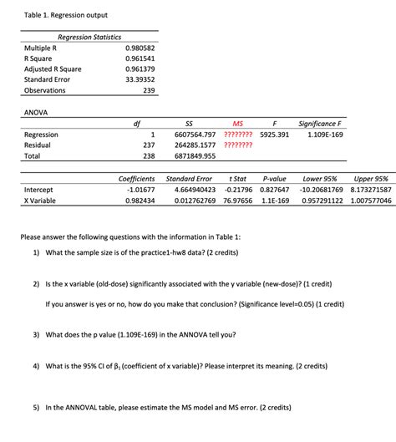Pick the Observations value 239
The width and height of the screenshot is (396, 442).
[148, 89]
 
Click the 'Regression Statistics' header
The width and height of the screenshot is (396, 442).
[89, 38]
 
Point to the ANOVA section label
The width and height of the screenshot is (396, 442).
[35, 111]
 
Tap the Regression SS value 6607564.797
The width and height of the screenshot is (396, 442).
[195, 135]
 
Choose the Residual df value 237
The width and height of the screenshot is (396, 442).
[150, 145]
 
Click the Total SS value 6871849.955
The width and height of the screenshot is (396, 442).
[195, 156]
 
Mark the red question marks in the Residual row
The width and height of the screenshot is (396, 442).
[239, 145]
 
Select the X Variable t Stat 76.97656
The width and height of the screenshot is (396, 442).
[238, 201]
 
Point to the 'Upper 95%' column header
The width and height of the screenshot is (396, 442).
[370, 179]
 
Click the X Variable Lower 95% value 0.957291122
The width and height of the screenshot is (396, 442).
[322, 201]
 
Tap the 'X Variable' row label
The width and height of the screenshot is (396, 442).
[40, 201]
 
